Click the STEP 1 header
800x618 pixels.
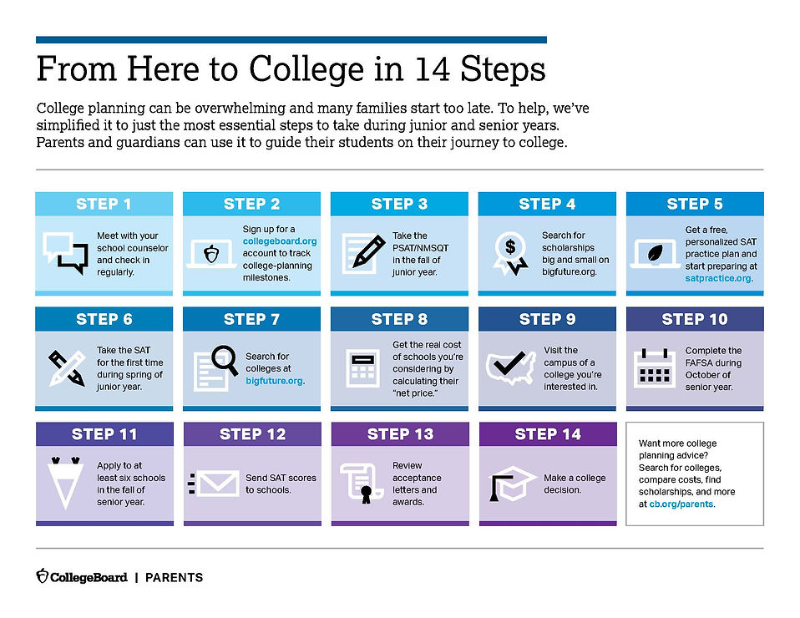click(x=104, y=204)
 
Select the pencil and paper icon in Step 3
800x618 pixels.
click(x=362, y=251)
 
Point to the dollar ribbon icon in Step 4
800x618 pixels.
click(x=509, y=251)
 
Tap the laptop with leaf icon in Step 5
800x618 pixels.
click(x=656, y=253)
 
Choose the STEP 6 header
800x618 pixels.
click(x=104, y=319)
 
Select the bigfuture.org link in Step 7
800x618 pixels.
click(x=275, y=380)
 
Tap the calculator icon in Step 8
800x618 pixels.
click(x=362, y=367)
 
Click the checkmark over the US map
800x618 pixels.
click(x=509, y=365)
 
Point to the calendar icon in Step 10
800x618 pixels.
click(x=656, y=367)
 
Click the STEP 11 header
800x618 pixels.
click(x=104, y=434)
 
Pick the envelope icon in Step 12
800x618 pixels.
click(x=215, y=483)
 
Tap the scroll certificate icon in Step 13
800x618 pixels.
click(x=361, y=483)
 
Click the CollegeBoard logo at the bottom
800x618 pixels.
click(x=82, y=576)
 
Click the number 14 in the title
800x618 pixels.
click(x=435, y=68)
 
